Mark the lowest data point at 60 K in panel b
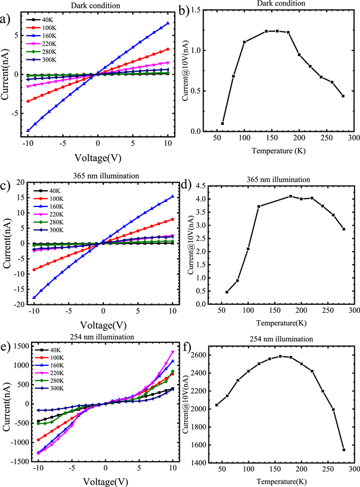[223, 123]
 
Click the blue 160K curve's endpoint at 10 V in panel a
[168, 23]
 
